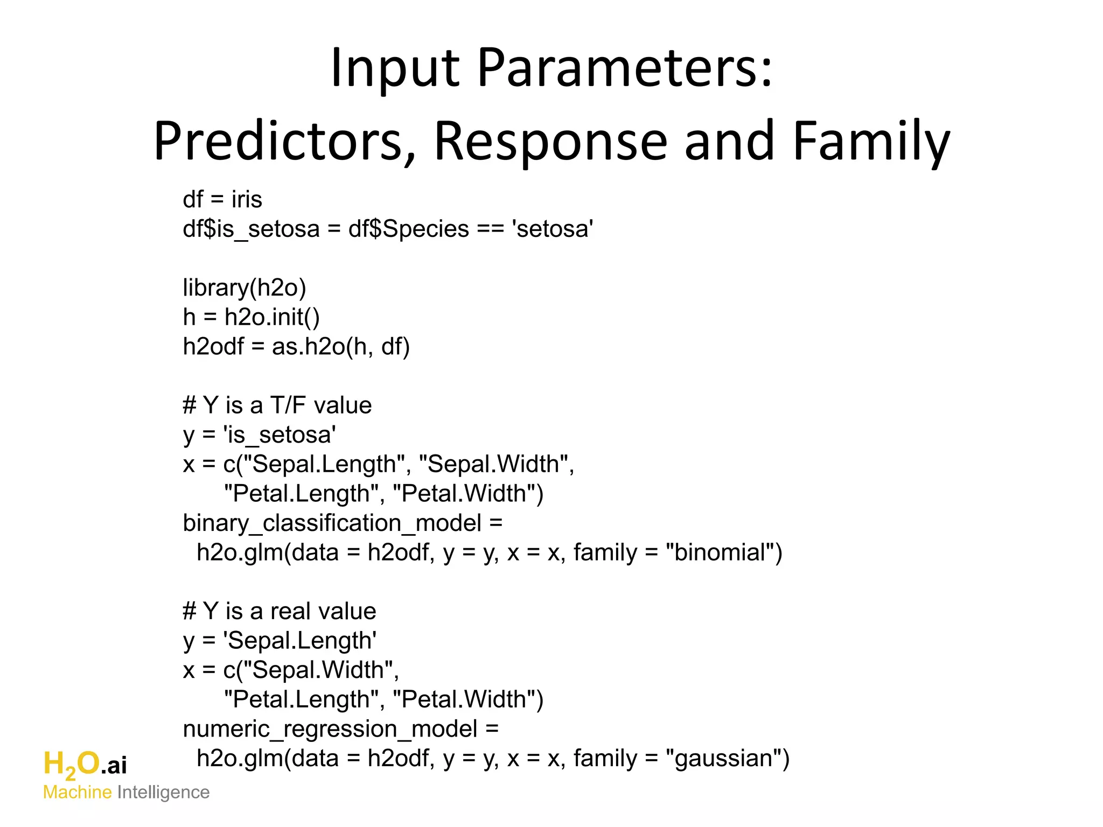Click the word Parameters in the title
[625, 68]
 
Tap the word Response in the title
[551, 141]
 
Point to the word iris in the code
[247, 200]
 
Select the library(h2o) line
[245, 288]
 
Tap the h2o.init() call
[272, 317]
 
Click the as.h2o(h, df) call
[341, 347]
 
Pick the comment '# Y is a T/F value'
[277, 405]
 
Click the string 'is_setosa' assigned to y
[280, 435]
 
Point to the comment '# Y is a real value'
[279, 612]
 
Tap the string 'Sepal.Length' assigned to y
[300, 641]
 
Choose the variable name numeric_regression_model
[330, 729]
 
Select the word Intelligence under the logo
[163, 793]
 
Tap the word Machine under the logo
[77, 793]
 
